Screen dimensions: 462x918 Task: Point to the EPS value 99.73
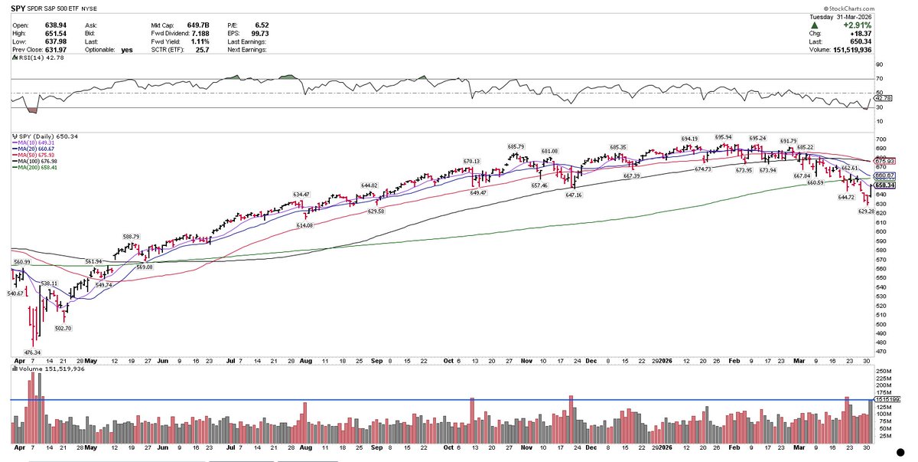coord(262,34)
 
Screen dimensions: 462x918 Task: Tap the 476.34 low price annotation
coord(32,352)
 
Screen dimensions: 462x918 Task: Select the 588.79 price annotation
coord(132,237)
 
